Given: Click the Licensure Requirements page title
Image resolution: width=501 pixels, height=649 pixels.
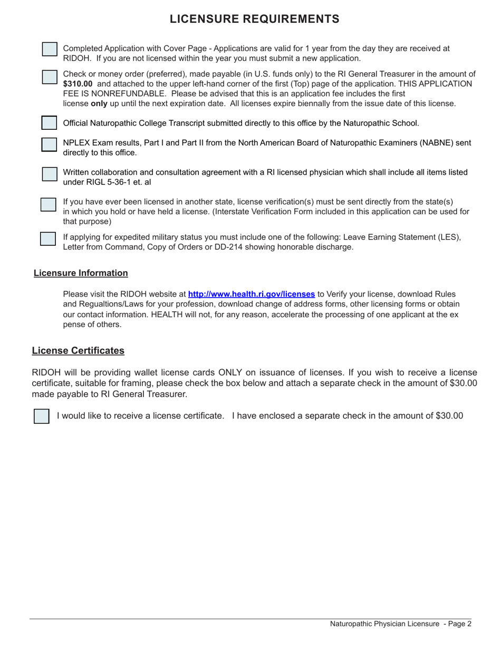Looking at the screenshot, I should (254, 20).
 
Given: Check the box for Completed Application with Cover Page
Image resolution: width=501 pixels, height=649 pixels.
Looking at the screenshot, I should (50, 49).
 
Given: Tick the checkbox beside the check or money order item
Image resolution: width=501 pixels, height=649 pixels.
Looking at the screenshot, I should (50, 77).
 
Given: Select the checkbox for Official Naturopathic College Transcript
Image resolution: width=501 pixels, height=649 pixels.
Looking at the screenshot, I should (50, 123).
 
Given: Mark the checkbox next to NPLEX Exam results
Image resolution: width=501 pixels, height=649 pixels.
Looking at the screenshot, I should (50, 145).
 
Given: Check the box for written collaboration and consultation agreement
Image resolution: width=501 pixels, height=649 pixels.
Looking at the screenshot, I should (50, 174).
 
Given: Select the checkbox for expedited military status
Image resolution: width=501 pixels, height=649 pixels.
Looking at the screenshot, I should (49, 238).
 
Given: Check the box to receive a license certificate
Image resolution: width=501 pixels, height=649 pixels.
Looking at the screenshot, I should (42, 416).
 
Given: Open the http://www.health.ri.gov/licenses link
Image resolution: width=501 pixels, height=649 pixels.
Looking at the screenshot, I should (252, 294).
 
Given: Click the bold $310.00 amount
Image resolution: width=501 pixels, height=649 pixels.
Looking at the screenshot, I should (78, 84).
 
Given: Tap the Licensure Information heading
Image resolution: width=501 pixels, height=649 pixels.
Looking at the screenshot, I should (81, 273).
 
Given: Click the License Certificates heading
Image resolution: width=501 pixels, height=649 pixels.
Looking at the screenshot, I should (78, 351).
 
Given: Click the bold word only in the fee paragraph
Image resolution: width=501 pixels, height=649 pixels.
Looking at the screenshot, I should (99, 104).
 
